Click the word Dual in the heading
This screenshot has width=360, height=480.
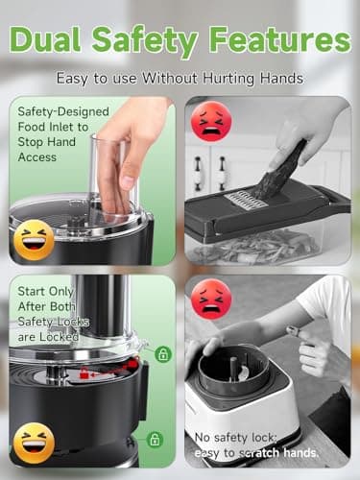[52, 40]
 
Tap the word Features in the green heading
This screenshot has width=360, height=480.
[283, 40]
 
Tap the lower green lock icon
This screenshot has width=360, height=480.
[155, 439]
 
